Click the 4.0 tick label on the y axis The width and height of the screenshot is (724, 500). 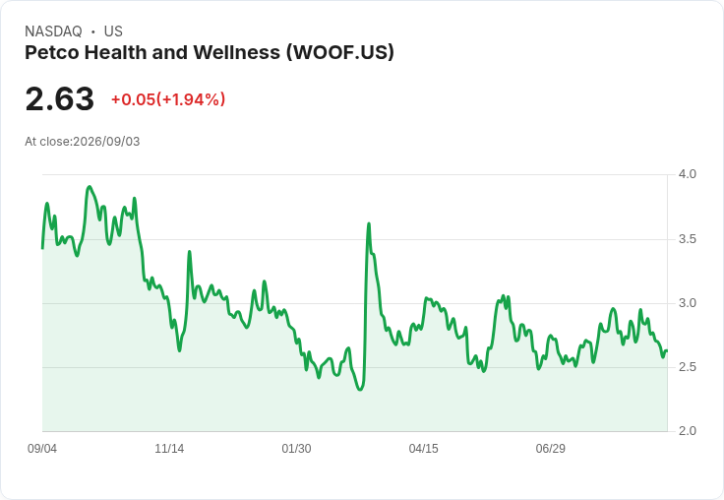(x=687, y=174)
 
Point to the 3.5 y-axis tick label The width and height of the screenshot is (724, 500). (x=687, y=239)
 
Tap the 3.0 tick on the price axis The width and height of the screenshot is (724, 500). (x=687, y=303)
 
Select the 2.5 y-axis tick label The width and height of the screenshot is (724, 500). (x=687, y=367)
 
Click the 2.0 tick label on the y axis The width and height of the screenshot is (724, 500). (x=687, y=431)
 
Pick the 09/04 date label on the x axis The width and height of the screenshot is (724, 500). (x=42, y=448)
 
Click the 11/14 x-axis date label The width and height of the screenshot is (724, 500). (x=169, y=448)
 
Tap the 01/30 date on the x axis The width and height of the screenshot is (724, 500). (x=296, y=448)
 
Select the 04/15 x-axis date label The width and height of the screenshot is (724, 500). (x=423, y=448)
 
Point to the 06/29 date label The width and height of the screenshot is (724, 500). (x=551, y=448)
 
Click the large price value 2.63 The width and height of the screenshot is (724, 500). (x=60, y=98)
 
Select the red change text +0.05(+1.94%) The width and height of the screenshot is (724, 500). (x=168, y=99)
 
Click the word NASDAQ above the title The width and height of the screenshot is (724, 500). (x=53, y=31)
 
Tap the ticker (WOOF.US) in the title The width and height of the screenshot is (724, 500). (x=339, y=52)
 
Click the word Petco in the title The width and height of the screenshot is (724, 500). (x=52, y=52)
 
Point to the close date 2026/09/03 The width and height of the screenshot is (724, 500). (x=106, y=142)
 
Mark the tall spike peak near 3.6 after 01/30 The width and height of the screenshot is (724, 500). (x=369, y=223)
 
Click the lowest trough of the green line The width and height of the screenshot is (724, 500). (x=360, y=390)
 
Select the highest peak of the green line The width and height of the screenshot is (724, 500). (x=90, y=187)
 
